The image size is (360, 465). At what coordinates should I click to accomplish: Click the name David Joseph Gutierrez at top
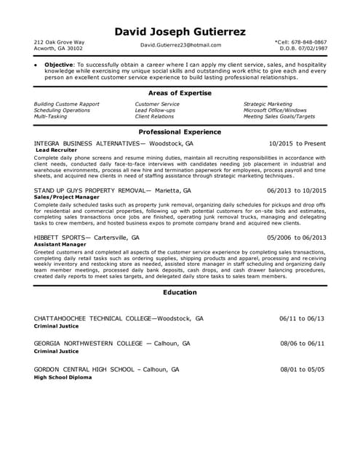click(180, 32)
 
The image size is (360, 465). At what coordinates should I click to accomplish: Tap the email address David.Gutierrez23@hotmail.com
click(180, 45)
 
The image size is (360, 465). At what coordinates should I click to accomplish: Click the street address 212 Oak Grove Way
click(59, 42)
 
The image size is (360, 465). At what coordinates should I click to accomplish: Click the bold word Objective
click(60, 64)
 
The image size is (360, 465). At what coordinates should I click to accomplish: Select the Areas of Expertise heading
click(180, 94)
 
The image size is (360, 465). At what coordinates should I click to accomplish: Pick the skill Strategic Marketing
click(268, 104)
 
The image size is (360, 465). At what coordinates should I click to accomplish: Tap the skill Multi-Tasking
click(51, 116)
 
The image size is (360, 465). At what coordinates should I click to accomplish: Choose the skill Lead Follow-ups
click(155, 110)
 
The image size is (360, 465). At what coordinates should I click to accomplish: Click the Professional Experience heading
click(180, 132)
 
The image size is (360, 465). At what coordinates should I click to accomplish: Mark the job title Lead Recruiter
click(56, 150)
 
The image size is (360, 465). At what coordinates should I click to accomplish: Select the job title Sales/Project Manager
click(66, 197)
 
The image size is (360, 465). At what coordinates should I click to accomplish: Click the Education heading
click(180, 293)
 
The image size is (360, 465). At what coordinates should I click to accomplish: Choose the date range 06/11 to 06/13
click(302, 318)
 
